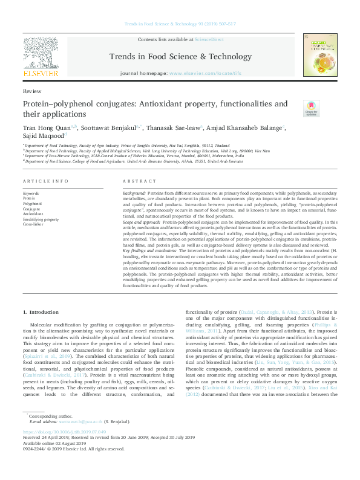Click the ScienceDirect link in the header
209,39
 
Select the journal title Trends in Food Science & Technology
180,57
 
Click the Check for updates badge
311,109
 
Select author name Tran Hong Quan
39,128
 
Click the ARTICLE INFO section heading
42,181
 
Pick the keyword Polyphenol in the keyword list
32,204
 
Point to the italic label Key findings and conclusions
149,250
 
